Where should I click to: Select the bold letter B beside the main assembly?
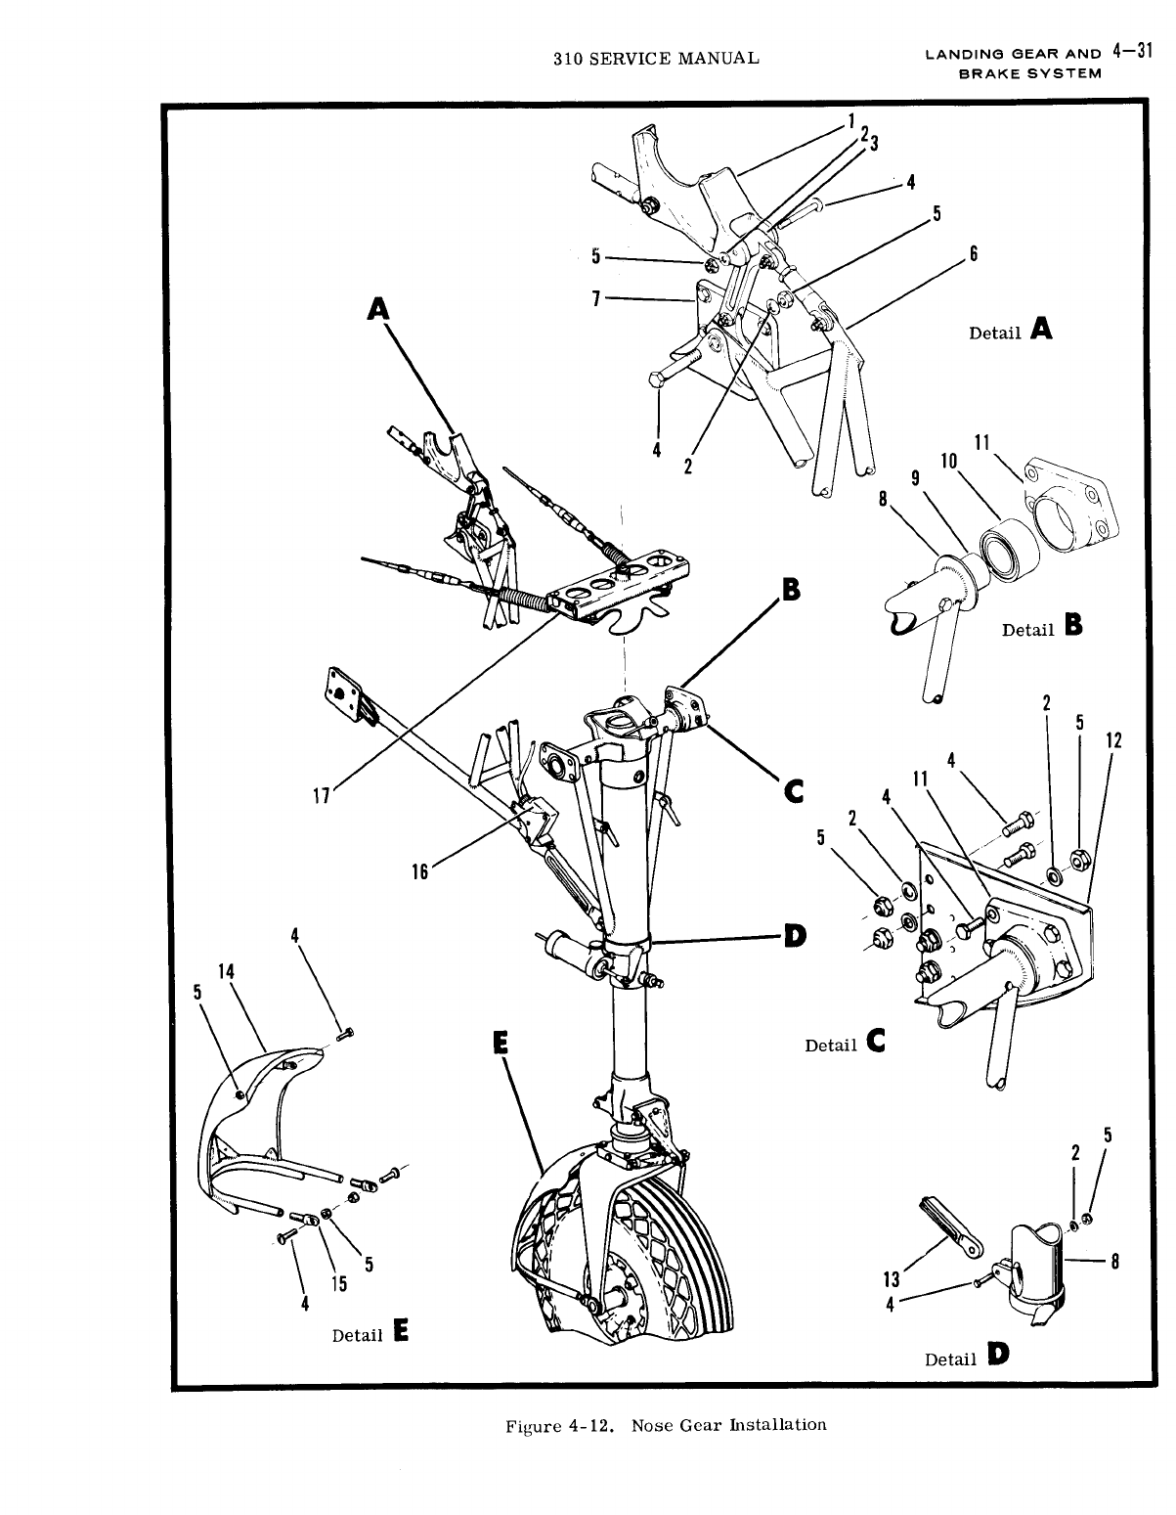point(790,590)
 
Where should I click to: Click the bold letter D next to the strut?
point(795,936)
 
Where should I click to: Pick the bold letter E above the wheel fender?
point(501,1044)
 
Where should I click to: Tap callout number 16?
point(419,871)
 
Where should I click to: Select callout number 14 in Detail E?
point(227,971)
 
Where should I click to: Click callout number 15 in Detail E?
point(338,1284)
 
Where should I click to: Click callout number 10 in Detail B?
point(948,462)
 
